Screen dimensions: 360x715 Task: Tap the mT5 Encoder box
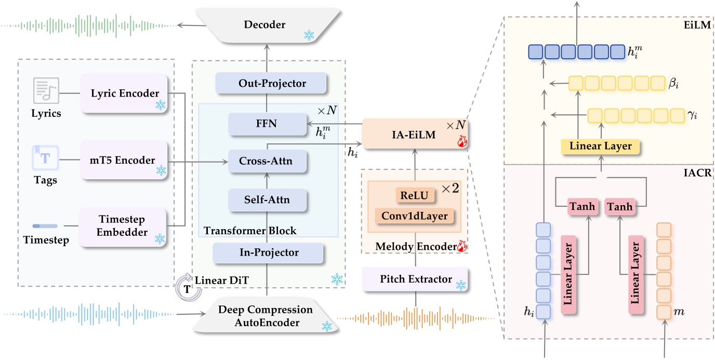(x=124, y=161)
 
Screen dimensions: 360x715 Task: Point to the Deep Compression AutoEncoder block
(x=265, y=316)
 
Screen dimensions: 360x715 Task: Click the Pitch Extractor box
(x=414, y=279)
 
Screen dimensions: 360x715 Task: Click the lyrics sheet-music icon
(x=45, y=91)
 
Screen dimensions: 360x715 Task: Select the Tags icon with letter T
(x=45, y=158)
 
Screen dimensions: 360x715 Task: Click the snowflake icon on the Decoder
(x=310, y=35)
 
